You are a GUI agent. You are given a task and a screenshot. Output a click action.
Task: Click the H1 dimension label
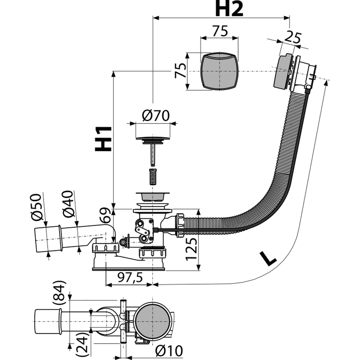tap(103, 139)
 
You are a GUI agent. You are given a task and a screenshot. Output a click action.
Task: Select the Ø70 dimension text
tap(156, 116)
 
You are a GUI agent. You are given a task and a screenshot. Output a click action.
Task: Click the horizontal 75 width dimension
tap(220, 31)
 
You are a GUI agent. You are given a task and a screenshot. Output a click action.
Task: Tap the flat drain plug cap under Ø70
tap(153, 138)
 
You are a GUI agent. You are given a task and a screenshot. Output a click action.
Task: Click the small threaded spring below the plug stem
tap(153, 176)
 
